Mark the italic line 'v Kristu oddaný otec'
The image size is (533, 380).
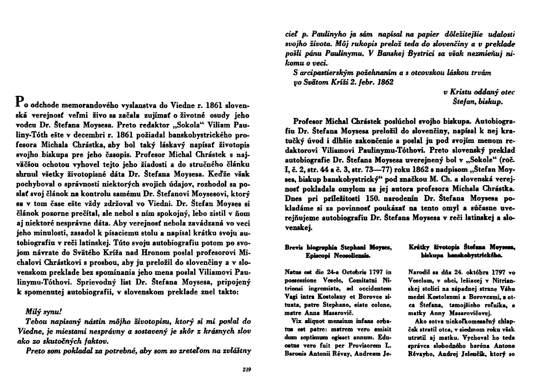pos(479,92)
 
